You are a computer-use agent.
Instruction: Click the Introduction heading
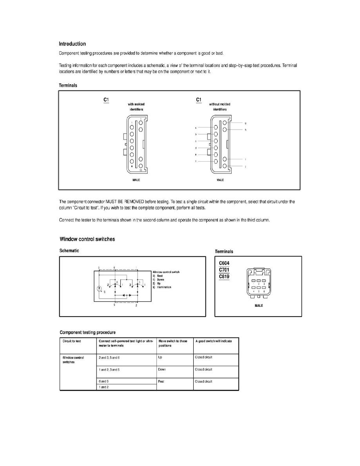72,44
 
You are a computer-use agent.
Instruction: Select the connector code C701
224,270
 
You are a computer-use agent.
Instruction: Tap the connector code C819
224,277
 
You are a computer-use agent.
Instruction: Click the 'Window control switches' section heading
87,239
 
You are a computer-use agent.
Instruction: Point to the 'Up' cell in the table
160,357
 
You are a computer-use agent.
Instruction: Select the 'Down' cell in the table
162,370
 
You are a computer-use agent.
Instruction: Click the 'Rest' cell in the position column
161,381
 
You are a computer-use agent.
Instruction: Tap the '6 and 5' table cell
104,381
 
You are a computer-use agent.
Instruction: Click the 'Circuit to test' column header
72,341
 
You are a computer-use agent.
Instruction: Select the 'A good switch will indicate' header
213,341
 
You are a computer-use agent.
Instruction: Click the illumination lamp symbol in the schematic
100,289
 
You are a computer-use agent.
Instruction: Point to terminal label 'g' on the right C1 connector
245,123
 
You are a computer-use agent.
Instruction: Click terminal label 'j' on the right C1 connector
245,167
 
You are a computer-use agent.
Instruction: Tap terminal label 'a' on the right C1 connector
195,128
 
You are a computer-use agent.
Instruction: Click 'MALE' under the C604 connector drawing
258,305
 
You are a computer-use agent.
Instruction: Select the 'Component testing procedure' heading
87,332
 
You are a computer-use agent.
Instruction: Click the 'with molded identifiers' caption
136,107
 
